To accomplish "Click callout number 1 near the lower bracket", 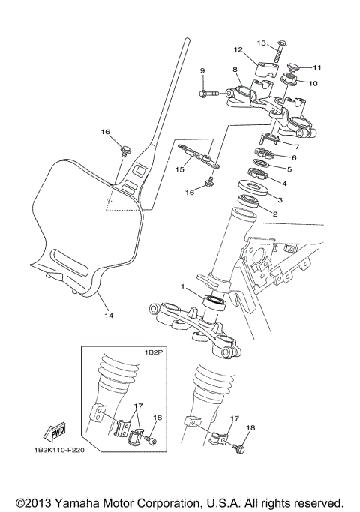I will (x=181, y=286).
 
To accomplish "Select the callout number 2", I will (x=274, y=214).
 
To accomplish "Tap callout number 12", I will (x=238, y=50).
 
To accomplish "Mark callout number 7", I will (x=296, y=146).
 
